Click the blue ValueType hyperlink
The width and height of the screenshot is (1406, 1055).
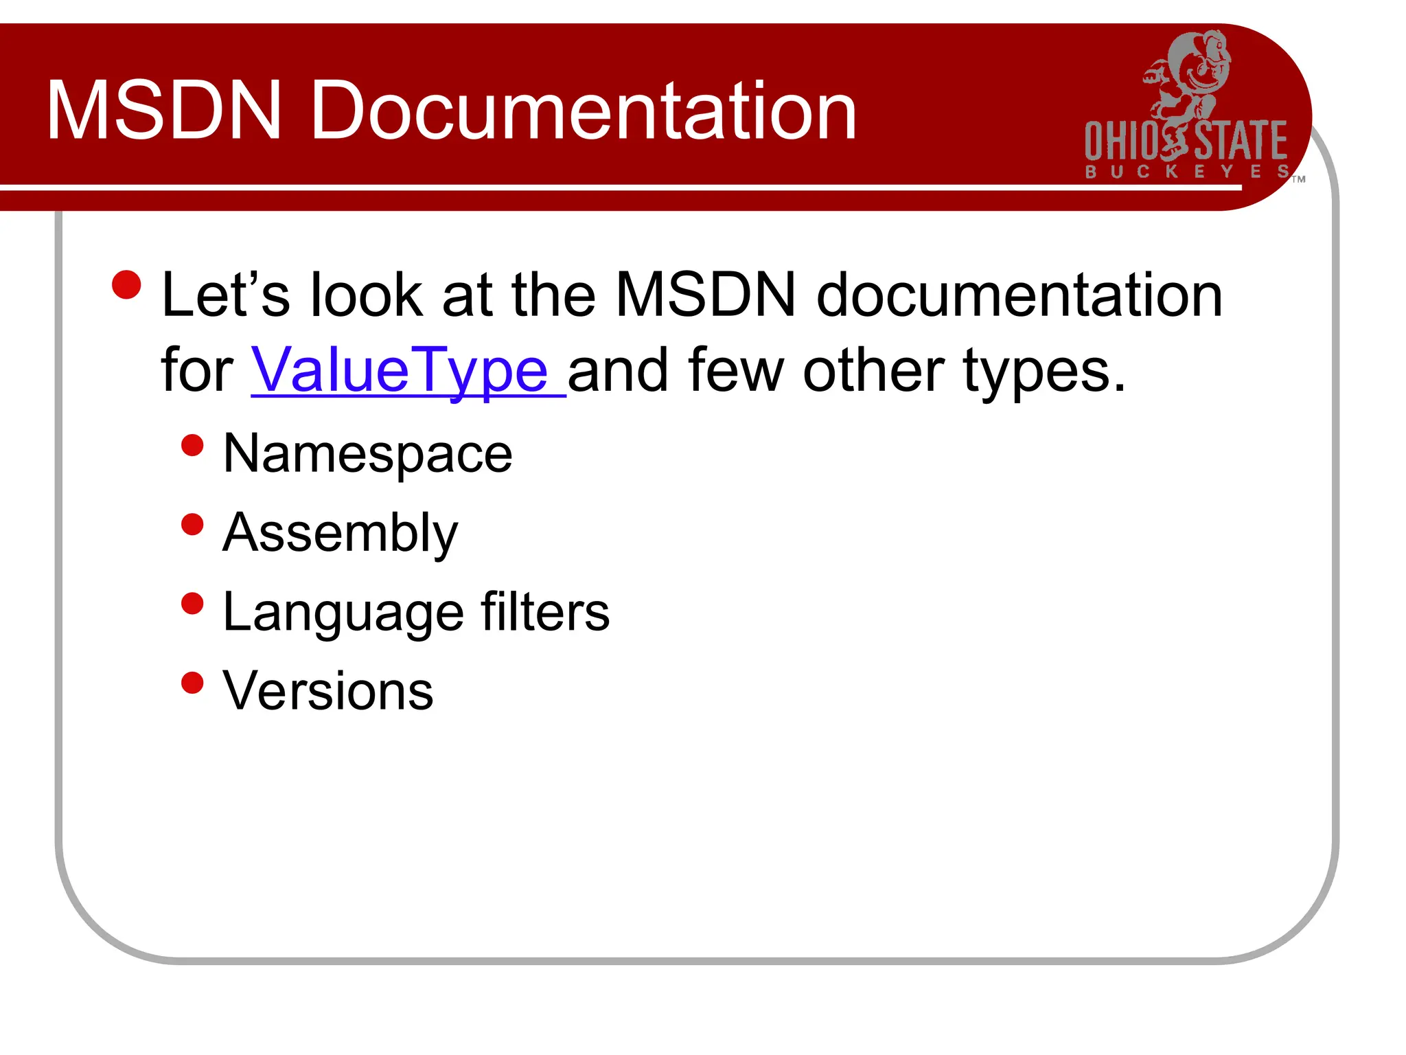coord(400,371)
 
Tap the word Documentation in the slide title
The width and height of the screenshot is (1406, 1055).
coord(584,111)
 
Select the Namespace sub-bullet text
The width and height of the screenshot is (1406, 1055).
coord(368,455)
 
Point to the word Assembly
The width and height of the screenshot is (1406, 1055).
coord(341,534)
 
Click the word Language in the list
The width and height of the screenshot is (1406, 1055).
coord(343,613)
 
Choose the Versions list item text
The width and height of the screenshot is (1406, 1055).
coord(328,691)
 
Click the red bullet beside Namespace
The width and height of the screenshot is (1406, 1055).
coord(193,446)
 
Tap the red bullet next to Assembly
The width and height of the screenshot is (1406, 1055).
coord(193,525)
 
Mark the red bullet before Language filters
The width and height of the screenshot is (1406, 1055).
coord(193,604)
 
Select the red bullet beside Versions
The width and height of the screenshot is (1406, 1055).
coord(193,683)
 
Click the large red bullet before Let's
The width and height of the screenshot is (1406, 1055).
coord(126,285)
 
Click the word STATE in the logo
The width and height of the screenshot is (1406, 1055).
coord(1241,141)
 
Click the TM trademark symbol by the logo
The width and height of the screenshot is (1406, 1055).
coord(1298,180)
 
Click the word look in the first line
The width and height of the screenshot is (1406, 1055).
coord(366,295)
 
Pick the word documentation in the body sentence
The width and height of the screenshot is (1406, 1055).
coord(1019,295)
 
